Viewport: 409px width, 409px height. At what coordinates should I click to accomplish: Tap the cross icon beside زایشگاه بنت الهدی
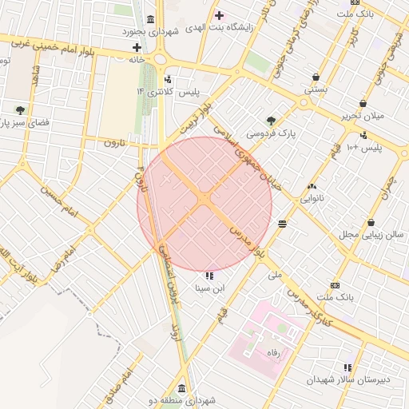tap(219, 15)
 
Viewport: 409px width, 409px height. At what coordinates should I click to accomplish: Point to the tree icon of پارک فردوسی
tap(272, 120)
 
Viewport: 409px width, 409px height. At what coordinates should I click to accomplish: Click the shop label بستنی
tap(315, 90)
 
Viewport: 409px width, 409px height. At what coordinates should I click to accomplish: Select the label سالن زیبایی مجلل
tap(370, 235)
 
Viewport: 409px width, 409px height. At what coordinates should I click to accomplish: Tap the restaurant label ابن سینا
tap(209, 287)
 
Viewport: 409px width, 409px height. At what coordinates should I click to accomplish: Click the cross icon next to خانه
tap(137, 47)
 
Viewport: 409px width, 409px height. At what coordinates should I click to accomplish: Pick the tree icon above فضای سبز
tap(20, 109)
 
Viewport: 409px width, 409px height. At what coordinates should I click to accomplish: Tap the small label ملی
tap(276, 274)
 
